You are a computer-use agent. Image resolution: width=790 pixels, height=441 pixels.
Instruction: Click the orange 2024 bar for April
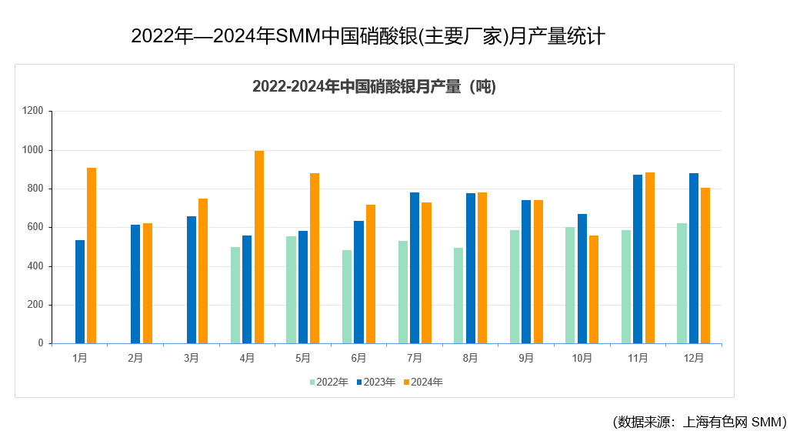coord(259,247)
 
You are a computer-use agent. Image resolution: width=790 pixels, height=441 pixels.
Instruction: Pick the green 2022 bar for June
coord(347,296)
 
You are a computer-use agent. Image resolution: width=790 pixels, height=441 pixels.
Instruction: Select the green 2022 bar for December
coord(682,283)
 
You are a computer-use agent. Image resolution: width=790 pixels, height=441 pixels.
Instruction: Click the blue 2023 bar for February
coord(135,284)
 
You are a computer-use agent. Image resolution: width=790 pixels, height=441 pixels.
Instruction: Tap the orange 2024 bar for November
coord(650,258)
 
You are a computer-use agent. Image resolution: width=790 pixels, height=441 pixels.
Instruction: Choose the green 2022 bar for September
coord(515,286)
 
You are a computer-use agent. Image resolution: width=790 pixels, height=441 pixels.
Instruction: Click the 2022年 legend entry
coord(328,382)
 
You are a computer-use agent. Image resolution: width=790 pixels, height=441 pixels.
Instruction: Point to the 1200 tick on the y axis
coord(32,111)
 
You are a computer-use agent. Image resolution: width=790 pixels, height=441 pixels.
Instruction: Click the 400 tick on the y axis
coord(35,266)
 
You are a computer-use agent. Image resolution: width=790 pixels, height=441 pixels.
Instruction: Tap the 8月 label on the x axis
coord(471,358)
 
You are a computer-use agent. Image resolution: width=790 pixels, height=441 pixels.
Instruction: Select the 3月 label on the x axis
coord(192,358)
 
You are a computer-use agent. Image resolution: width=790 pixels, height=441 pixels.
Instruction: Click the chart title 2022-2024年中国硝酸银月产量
coord(374,86)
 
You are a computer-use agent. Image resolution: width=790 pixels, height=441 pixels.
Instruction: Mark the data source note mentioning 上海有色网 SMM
coord(699,422)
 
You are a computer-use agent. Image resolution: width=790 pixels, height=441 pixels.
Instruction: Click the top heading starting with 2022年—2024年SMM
coord(368,36)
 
